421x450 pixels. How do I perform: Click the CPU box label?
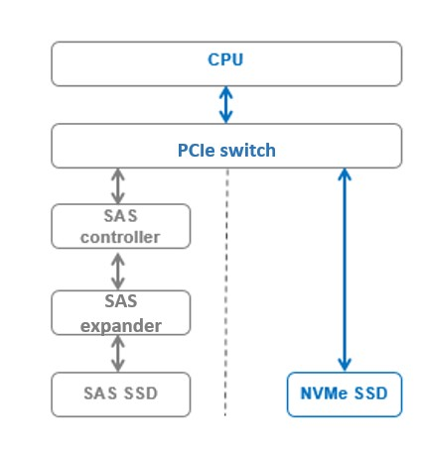(226, 59)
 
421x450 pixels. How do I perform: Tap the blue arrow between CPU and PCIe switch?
(227, 104)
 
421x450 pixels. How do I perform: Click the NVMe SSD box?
(345, 395)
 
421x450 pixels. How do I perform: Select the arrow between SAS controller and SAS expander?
(118, 269)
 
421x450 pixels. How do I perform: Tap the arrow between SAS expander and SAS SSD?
(118, 353)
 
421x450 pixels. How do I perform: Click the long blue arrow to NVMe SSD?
(345, 268)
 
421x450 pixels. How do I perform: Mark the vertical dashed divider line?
(227, 297)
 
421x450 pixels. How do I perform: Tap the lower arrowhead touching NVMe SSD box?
(345, 364)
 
